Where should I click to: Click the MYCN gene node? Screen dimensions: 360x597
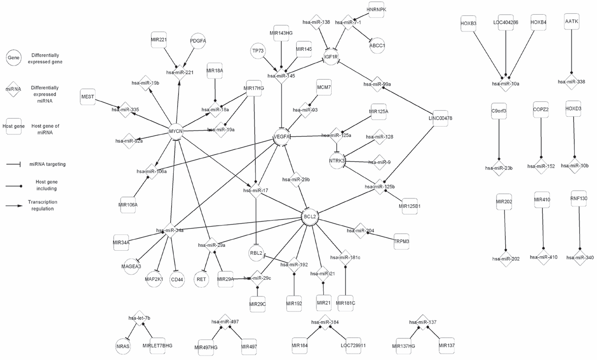click(176, 131)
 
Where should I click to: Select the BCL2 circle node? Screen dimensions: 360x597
click(310, 217)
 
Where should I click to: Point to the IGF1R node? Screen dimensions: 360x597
click(330, 57)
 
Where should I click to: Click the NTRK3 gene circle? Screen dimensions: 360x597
click(337, 161)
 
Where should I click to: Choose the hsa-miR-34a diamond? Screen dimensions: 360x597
click(170, 230)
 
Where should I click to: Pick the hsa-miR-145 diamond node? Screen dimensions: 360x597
click(281, 76)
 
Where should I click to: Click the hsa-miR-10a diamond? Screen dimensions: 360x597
click(505, 84)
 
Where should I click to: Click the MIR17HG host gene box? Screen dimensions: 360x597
click(254, 88)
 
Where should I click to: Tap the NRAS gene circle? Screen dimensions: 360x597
click(123, 346)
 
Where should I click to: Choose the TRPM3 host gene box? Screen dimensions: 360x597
click(402, 241)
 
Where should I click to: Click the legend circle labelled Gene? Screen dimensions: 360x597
click(13, 58)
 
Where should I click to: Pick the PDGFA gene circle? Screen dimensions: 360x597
click(197, 41)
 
